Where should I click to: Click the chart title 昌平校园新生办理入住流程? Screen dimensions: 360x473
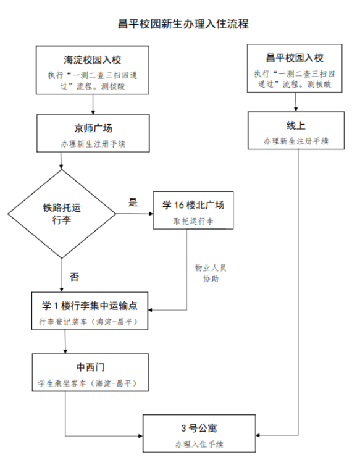click(x=183, y=24)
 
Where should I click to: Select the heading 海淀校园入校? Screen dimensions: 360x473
click(x=93, y=60)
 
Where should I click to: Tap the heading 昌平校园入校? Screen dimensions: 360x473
click(x=295, y=57)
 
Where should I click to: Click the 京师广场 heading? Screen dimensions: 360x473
click(x=93, y=128)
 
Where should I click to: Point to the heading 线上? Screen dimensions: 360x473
click(x=296, y=125)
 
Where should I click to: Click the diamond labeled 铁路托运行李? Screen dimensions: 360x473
click(x=62, y=214)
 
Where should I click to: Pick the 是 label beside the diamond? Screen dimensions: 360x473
click(x=133, y=202)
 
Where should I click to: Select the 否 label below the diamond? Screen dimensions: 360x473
click(x=74, y=277)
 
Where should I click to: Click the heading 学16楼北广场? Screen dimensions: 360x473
click(x=193, y=205)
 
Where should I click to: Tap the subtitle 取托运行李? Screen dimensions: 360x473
click(x=193, y=221)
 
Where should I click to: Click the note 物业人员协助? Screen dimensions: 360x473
click(x=211, y=273)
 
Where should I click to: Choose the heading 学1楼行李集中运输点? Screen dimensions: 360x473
click(x=90, y=306)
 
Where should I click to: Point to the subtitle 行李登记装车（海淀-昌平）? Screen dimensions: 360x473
click(x=90, y=322)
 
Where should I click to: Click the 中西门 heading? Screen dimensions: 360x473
click(x=90, y=367)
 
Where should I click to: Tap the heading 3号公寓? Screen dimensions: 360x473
click(x=199, y=428)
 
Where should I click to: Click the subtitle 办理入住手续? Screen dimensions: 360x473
click(x=199, y=444)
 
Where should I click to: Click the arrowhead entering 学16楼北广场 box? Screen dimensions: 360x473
click(x=151, y=214)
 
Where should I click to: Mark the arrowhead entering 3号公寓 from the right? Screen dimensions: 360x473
click(x=257, y=435)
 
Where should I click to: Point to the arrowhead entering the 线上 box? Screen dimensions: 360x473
click(x=296, y=109)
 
